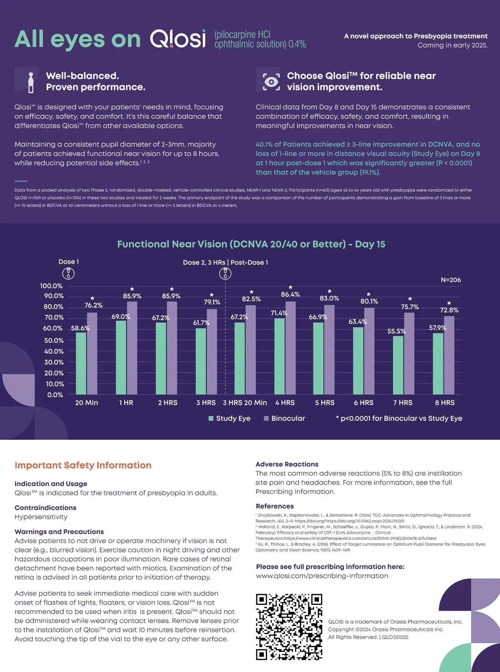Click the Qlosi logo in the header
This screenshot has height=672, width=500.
click(x=178, y=39)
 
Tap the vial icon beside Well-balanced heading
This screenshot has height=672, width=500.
click(x=30, y=82)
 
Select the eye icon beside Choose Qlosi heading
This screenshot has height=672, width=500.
click(x=271, y=82)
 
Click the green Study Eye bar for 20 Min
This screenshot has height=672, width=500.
click(x=81, y=363)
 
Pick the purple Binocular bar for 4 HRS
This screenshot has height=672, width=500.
click(x=290, y=348)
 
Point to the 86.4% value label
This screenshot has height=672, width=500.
click(x=290, y=294)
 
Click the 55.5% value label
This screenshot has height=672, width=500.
click(x=396, y=331)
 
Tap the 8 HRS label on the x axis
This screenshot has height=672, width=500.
click(x=445, y=402)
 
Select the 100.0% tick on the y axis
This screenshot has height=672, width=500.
click(x=51, y=286)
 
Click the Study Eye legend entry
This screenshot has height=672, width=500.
click(x=230, y=418)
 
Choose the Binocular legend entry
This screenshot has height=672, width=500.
click(x=285, y=418)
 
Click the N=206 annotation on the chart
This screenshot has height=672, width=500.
click(x=450, y=280)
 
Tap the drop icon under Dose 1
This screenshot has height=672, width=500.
click(x=68, y=273)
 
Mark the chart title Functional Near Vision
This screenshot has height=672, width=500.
click(x=251, y=244)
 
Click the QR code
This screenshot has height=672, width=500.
click(x=289, y=627)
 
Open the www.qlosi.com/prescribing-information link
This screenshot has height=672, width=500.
click(x=322, y=576)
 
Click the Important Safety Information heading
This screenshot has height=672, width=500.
click(x=83, y=465)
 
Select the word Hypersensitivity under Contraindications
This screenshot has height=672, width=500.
click(x=41, y=517)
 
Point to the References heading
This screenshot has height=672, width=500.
click(x=275, y=506)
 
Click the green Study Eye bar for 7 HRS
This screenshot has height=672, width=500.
click(x=398, y=365)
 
